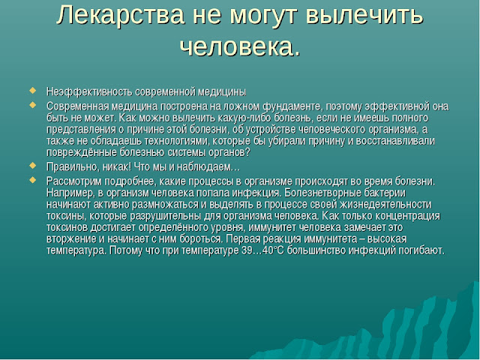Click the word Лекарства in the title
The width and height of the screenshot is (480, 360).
pos(120,15)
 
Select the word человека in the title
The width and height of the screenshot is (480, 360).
pos(236,46)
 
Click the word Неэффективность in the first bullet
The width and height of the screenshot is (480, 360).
pos(89,91)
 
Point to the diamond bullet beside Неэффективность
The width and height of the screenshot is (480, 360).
pos(32,91)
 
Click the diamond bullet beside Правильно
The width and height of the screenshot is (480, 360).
pos(32,166)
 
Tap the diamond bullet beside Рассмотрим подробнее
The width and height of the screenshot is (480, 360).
pos(32,180)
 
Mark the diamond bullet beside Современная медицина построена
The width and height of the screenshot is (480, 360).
pos(32,105)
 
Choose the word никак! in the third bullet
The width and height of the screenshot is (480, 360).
pos(117,167)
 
